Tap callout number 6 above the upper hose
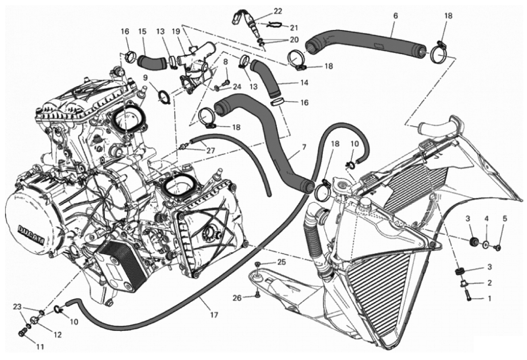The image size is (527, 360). pos(395,16)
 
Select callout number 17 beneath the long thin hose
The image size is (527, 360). pos(214,315)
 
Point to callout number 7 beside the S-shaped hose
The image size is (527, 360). pos(305,147)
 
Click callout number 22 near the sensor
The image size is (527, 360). pos(278,12)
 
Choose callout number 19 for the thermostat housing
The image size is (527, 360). pos(176,31)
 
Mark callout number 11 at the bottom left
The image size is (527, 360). pos(40,347)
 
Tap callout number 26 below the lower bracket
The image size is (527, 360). pos(237,298)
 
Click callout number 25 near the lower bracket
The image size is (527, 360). pos(281,261)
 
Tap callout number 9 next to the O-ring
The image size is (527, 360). pos(145,78)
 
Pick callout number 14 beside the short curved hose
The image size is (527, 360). pos(304,82)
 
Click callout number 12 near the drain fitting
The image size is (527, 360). pos(58,335)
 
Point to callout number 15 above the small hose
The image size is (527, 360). pos(142,31)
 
